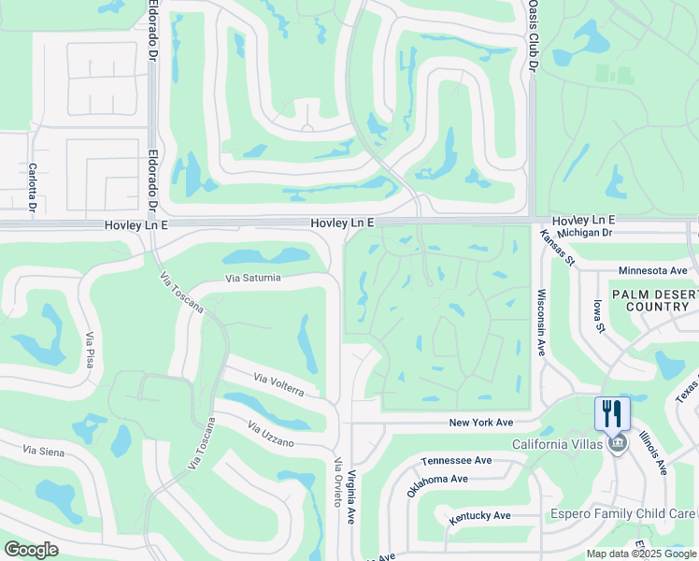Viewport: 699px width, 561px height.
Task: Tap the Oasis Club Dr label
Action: [x=532, y=37]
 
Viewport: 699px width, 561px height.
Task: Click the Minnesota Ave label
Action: [x=652, y=270]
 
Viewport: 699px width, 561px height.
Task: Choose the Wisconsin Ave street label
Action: [x=541, y=322]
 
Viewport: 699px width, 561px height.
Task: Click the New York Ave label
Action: [x=482, y=423]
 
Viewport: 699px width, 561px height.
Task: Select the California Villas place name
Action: [x=557, y=444]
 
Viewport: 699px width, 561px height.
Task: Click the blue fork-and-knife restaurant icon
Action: [x=612, y=413]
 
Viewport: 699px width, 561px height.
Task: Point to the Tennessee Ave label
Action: [x=456, y=460]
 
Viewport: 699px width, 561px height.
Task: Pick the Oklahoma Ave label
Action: [x=437, y=484]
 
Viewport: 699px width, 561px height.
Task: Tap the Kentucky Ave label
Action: [x=479, y=516]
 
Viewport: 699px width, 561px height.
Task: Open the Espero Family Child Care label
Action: [x=623, y=514]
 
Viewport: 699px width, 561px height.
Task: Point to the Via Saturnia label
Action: [x=252, y=278]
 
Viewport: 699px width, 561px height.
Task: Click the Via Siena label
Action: [x=42, y=451]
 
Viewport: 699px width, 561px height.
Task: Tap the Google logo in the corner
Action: [x=31, y=550]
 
